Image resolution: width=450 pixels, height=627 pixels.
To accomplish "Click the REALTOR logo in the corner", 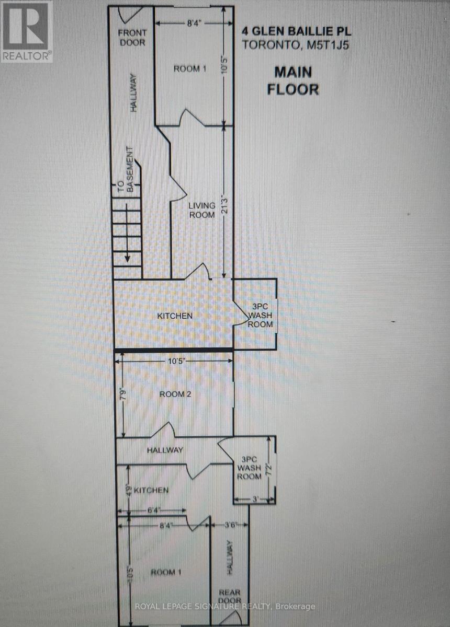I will (26, 31).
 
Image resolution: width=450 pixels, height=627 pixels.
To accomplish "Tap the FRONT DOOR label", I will (132, 38).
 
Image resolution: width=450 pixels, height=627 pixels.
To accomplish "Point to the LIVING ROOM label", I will (202, 210).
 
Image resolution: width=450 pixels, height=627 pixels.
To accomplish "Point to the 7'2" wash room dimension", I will (269, 468).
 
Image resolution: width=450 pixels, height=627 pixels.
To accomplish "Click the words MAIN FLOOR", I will (292, 80).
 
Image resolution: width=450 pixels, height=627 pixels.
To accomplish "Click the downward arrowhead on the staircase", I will (127, 258).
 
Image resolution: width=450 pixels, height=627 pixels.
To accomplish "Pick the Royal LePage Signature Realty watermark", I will (225, 606).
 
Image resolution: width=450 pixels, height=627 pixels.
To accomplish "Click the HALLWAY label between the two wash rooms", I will (165, 450).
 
